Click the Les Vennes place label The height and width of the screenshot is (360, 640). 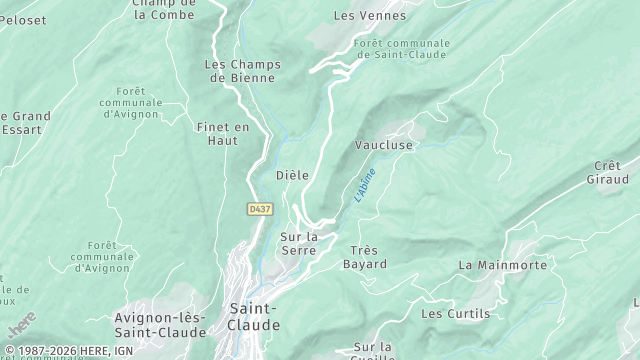370,16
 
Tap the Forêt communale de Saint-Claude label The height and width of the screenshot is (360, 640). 403,49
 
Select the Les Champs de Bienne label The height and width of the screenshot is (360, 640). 242,72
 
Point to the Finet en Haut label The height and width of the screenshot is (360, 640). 223,134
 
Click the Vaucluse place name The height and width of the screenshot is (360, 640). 384,145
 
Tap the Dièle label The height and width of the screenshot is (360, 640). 292,175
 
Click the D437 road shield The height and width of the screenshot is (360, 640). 260,209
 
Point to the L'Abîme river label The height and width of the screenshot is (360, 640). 365,187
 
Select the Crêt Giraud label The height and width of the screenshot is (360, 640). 607,173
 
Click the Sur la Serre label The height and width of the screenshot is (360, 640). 299,243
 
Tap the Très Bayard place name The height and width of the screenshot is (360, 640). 364,257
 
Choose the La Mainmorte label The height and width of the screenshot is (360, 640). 502,265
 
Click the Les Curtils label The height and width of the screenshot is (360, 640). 456,314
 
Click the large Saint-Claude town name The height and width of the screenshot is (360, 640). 254,317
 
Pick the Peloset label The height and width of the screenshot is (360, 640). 22,19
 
